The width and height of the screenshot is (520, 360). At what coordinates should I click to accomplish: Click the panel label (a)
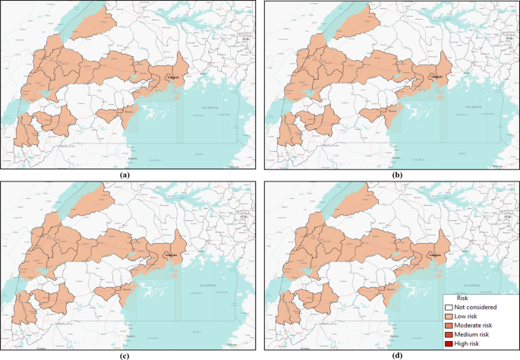pos(126,175)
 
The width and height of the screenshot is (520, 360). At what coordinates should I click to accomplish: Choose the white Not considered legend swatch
pos(449,307)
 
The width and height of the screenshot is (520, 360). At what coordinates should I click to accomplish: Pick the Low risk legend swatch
pos(449,316)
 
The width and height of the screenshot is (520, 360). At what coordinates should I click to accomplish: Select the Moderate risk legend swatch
pos(449,325)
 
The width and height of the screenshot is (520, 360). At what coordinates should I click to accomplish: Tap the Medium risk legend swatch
pos(449,334)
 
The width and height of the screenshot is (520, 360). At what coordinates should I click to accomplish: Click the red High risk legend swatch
pos(449,343)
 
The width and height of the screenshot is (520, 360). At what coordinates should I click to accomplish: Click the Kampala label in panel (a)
pos(174,76)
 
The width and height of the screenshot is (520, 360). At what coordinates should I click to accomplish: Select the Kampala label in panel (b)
pos(436,76)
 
